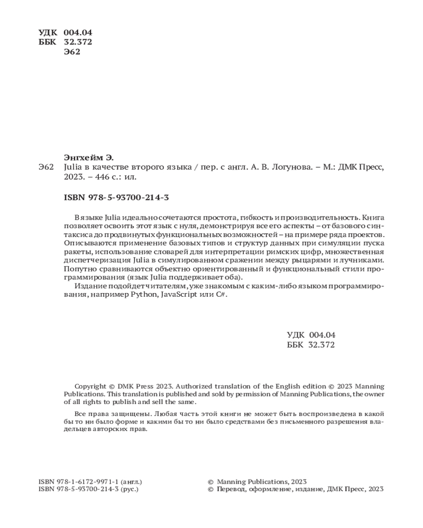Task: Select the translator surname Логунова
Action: point(295,167)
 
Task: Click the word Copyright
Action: point(90,386)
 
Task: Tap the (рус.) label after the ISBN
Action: point(130,489)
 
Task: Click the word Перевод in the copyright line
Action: point(232,489)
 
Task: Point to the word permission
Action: point(265,394)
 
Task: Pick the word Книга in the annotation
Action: point(373,218)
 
